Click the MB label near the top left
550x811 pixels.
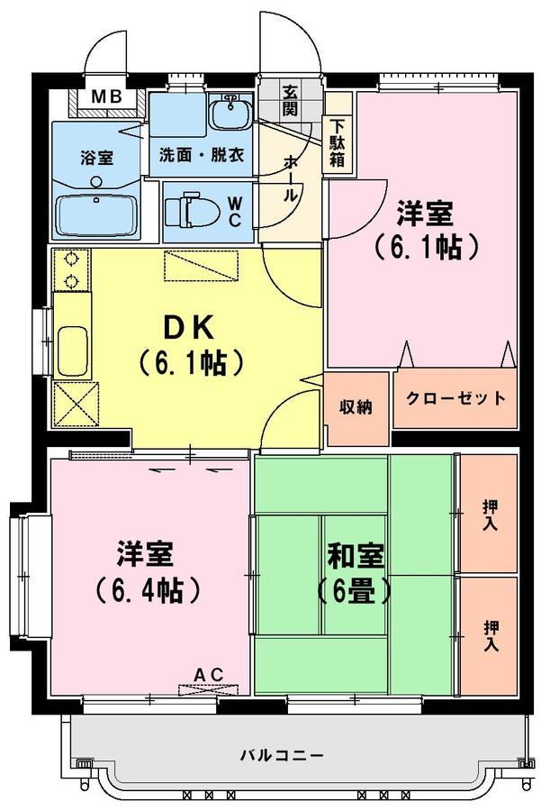(106, 96)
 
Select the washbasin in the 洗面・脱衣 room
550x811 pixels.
(231, 112)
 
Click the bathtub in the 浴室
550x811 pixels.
(96, 216)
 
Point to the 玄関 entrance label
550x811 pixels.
(290, 101)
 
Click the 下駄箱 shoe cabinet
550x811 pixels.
(337, 142)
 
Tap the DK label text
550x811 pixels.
(188, 327)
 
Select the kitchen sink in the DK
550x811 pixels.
(72, 351)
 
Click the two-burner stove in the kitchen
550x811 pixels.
(71, 269)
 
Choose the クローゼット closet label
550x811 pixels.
(455, 398)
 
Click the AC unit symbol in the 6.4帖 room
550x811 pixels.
(209, 689)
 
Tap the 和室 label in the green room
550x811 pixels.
(356, 556)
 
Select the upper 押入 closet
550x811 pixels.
(489, 514)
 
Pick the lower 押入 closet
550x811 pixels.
(489, 636)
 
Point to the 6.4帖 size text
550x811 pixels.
(148, 589)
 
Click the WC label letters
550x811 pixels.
(234, 211)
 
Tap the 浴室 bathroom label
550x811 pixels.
(96, 158)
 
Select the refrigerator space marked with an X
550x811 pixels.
(76, 404)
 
